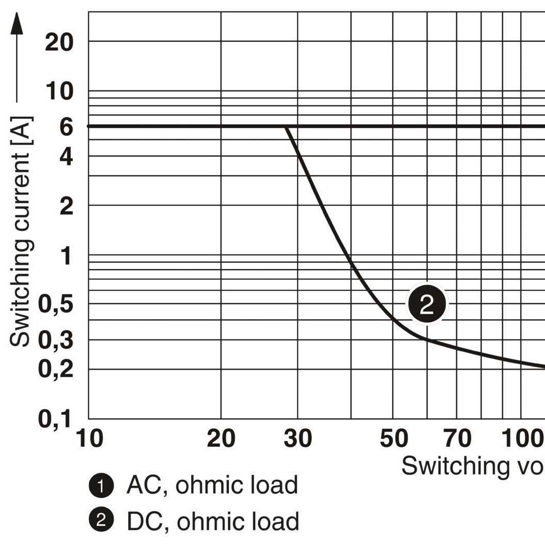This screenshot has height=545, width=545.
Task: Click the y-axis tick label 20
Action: pyautogui.click(x=59, y=43)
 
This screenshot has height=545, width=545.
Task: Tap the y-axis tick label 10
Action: pyautogui.click(x=59, y=92)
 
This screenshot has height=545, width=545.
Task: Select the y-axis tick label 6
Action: pyautogui.click(x=66, y=127)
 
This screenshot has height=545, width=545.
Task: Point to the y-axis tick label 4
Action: pyautogui.click(x=66, y=157)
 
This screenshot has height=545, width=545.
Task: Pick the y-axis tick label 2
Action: pyautogui.click(x=66, y=207)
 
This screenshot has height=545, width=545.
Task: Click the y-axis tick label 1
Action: pyautogui.click(x=66, y=256)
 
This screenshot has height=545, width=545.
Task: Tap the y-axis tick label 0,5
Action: pyautogui.click(x=55, y=304)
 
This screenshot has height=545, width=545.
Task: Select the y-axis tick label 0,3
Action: pyautogui.click(x=55, y=341)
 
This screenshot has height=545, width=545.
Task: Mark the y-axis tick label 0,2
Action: pyautogui.click(x=55, y=370)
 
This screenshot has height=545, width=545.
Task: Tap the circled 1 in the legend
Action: pyautogui.click(x=101, y=486)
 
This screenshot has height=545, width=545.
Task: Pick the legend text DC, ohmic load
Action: pyautogui.click(x=212, y=522)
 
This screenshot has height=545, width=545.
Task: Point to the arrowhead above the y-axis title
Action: pyautogui.click(x=17, y=23)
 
